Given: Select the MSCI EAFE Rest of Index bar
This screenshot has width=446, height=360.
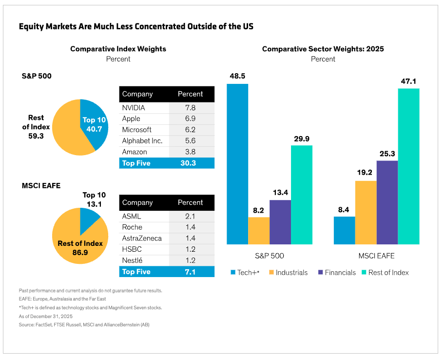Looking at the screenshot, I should (408, 166).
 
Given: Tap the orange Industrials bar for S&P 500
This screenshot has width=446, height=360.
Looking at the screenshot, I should (259, 231).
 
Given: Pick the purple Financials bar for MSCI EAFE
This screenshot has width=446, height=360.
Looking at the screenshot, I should (387, 202).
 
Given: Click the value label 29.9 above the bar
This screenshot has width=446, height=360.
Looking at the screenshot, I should (301, 139).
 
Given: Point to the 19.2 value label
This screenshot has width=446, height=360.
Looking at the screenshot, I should (366, 172).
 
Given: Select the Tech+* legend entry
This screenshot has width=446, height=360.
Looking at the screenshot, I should (246, 273).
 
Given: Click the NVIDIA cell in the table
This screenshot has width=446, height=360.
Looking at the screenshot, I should (134, 108).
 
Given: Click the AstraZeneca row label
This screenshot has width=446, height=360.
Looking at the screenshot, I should (142, 239).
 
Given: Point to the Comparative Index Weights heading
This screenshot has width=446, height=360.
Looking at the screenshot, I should (118, 49).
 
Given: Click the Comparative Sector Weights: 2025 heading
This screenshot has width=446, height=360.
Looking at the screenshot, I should (323, 49).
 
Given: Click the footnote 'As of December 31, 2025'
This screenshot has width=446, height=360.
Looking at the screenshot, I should (45, 316).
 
